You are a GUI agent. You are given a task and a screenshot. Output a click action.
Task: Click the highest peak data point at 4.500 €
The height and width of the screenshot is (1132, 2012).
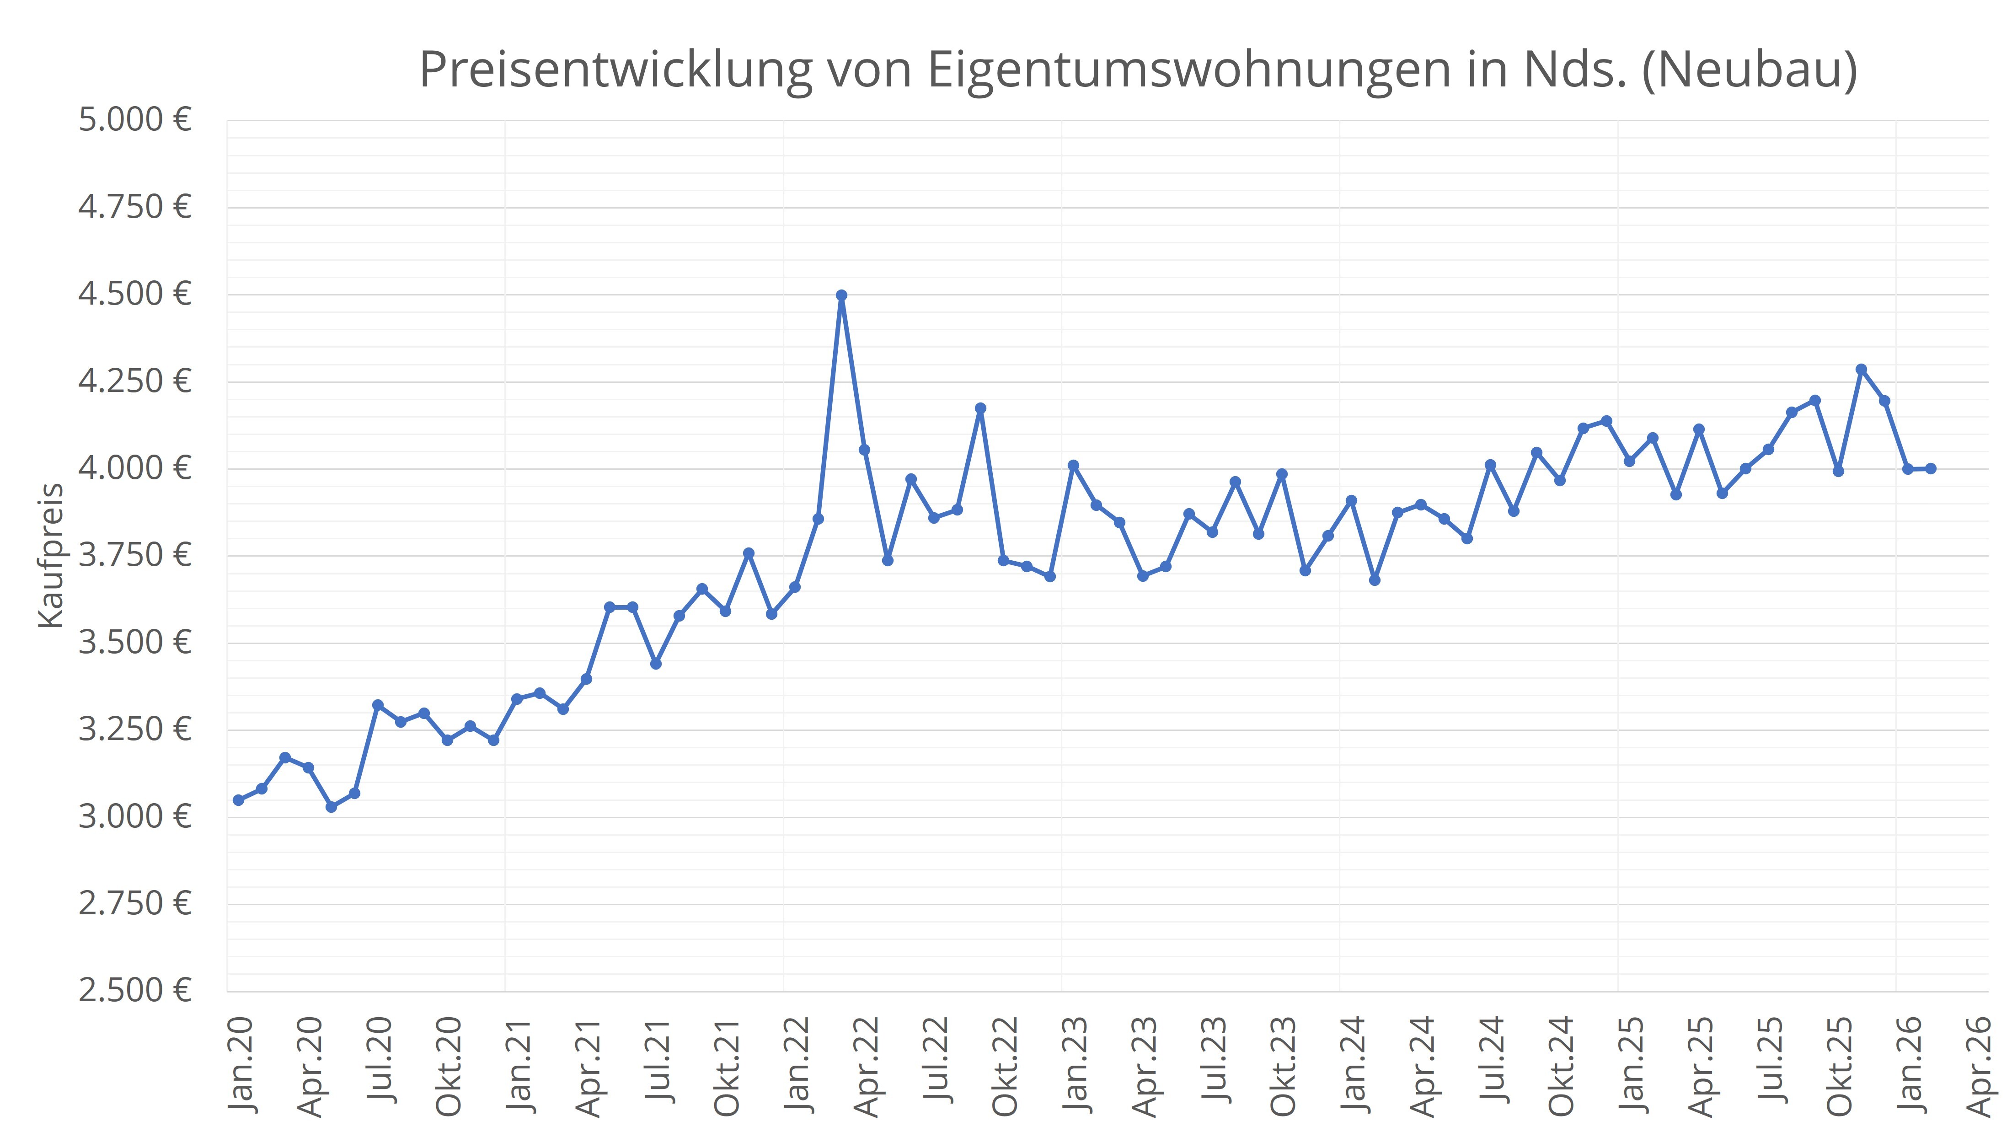coord(841,295)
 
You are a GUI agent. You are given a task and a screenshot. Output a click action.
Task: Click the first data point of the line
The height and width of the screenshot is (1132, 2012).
coord(238,800)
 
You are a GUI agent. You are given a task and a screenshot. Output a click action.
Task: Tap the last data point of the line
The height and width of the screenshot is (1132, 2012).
coord(1931,469)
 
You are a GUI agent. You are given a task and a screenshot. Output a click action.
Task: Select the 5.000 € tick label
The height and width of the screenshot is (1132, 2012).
coord(134,120)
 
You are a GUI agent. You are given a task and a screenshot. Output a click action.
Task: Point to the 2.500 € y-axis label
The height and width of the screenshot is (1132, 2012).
coord(134,991)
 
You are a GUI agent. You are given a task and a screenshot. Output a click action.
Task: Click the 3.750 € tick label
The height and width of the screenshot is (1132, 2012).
coord(134,555)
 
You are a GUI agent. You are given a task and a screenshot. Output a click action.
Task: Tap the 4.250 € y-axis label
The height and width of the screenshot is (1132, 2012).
coord(134,381)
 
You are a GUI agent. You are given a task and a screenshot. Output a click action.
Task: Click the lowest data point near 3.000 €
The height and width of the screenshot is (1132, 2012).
coord(331,807)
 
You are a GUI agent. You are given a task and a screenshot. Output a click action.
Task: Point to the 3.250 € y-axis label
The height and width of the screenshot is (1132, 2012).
coord(134,730)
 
